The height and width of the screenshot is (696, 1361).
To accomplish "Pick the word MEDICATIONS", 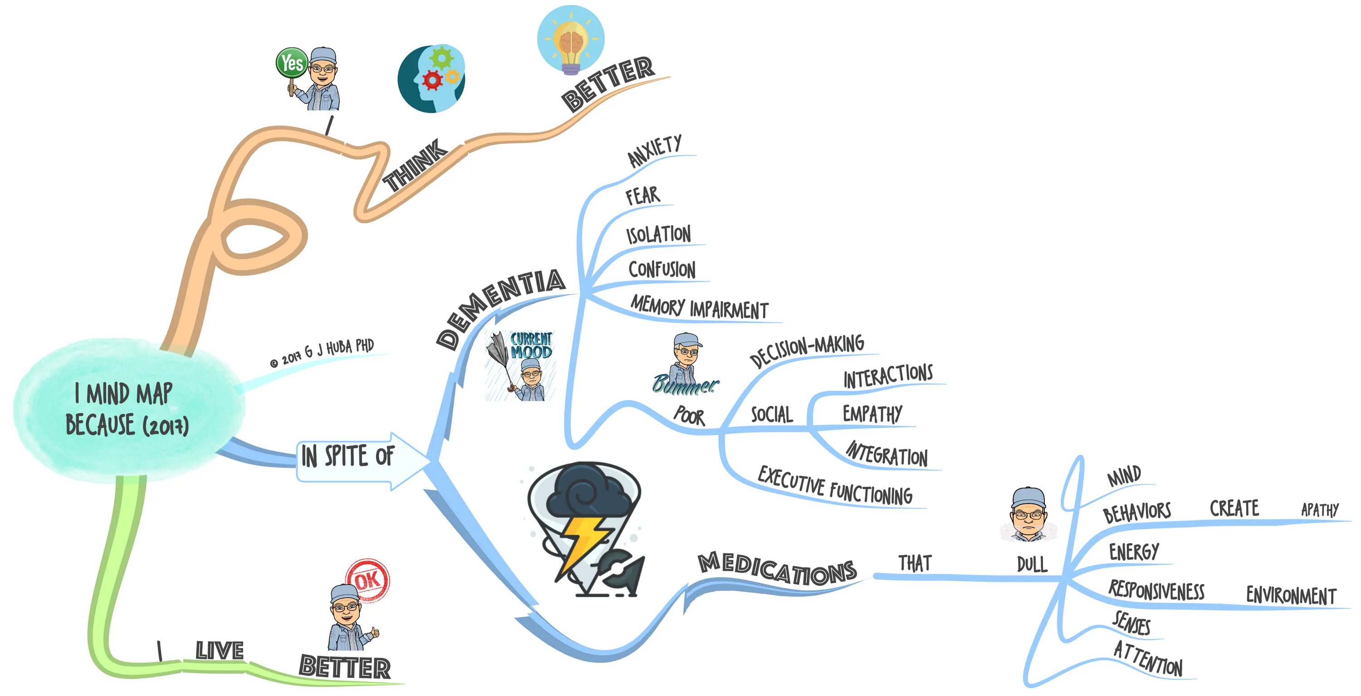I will pyautogui.click(x=777, y=569).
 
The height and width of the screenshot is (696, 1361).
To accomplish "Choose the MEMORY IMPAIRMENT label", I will pyautogui.click(x=699, y=307).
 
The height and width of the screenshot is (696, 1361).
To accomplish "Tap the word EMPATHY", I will pyautogui.click(x=872, y=414).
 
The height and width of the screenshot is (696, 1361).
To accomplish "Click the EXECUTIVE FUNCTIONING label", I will pyautogui.click(x=835, y=486).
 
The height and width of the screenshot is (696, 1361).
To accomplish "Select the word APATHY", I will pyautogui.click(x=1319, y=510).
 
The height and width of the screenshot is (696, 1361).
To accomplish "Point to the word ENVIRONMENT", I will pyautogui.click(x=1291, y=595).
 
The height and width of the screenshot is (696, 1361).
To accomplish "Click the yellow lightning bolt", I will pyautogui.click(x=581, y=541).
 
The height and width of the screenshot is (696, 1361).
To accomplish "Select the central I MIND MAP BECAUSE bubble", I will pyautogui.click(x=127, y=410).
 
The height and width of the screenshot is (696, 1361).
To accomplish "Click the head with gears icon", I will pyautogui.click(x=431, y=78).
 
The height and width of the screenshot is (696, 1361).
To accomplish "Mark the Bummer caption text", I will pyautogui.click(x=685, y=384).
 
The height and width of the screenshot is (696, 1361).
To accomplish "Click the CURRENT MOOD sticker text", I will pyautogui.click(x=530, y=346).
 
